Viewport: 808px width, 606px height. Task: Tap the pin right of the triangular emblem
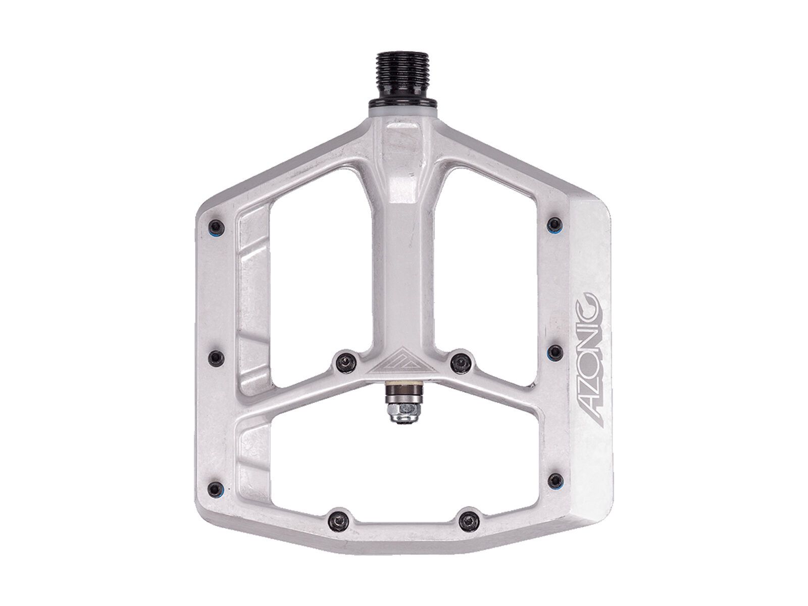click(459, 359)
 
